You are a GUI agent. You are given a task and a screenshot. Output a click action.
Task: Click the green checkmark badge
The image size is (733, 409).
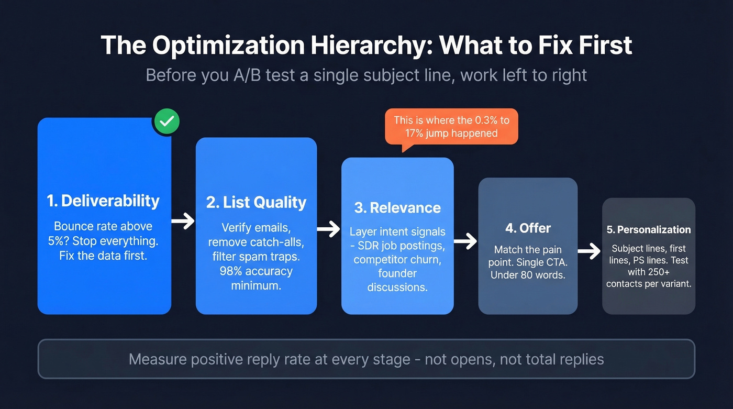tap(166, 122)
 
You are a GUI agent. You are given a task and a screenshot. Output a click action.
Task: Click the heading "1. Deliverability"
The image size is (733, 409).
tap(104, 201)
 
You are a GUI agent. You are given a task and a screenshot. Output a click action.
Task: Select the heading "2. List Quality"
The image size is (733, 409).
tap(256, 202)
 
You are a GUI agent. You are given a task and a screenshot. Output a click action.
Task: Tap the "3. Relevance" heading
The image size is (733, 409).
tap(397, 207)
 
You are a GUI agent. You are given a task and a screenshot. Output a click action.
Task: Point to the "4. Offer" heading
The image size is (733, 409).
tap(528, 228)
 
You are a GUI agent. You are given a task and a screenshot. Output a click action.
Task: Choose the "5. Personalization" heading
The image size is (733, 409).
tap(649, 229)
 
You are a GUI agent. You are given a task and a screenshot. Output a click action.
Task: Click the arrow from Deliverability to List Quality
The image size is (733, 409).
tap(183, 220)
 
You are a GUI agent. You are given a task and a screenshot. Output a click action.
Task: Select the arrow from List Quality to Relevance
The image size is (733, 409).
tap(329, 228)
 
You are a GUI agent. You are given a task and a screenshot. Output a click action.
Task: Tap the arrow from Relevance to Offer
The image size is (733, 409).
tap(465, 241)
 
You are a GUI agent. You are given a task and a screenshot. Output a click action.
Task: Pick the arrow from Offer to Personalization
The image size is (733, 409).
tap(589, 251)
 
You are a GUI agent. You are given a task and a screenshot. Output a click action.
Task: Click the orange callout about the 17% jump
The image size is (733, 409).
tap(451, 126)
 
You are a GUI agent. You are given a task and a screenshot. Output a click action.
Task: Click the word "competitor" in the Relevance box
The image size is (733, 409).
tap(381, 259)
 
